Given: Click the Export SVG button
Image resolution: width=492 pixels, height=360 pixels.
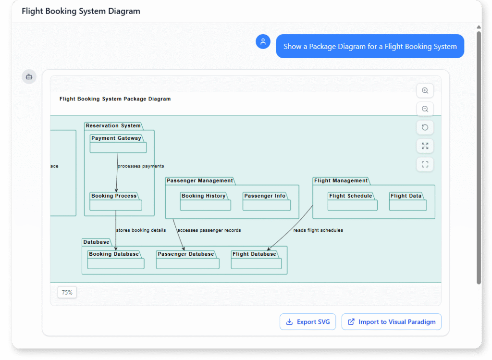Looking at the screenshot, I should [x=307, y=322].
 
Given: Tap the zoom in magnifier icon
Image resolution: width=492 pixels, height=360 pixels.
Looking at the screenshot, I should [x=425, y=90].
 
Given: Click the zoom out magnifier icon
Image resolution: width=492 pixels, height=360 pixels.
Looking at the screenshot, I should [x=425, y=109].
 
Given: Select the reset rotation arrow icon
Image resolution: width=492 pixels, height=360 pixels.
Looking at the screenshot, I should [x=425, y=127].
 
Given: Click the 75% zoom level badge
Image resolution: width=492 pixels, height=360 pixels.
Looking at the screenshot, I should [x=67, y=292].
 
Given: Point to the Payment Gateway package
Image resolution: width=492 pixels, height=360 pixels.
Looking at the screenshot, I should [x=118, y=144].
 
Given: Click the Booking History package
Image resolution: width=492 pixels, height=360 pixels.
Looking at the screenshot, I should [x=205, y=202].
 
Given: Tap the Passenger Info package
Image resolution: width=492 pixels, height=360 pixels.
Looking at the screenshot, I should [x=266, y=202].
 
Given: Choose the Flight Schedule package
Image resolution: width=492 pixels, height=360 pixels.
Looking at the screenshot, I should [x=352, y=202].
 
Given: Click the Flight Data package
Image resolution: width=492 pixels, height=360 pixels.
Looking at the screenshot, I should [x=407, y=202].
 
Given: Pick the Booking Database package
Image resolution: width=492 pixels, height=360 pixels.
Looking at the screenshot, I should [x=115, y=260].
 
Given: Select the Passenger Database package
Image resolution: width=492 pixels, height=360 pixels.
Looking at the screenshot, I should [x=187, y=260].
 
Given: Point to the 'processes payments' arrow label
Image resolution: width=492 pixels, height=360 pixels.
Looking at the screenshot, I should [x=141, y=166].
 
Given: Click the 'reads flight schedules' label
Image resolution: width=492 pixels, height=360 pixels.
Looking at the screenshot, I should [x=318, y=230].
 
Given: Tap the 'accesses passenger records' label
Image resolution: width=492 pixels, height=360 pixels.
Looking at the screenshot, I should [x=209, y=230].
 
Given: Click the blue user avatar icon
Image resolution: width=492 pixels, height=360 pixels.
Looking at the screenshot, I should [x=263, y=42].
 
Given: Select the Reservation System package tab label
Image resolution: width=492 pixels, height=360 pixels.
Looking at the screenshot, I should [x=113, y=126].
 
